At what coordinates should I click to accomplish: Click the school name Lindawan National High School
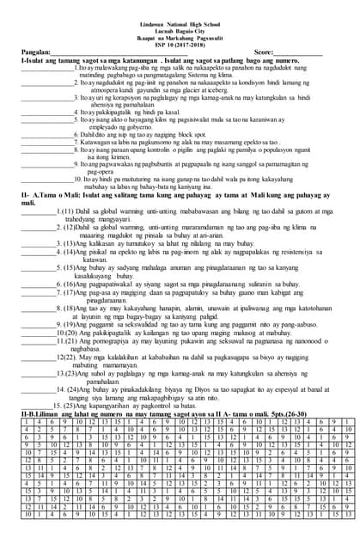point(180,7)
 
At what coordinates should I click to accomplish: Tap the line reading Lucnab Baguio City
point(180,15)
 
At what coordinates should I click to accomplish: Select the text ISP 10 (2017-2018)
point(180,30)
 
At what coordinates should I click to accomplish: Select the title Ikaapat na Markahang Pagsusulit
point(180,22)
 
